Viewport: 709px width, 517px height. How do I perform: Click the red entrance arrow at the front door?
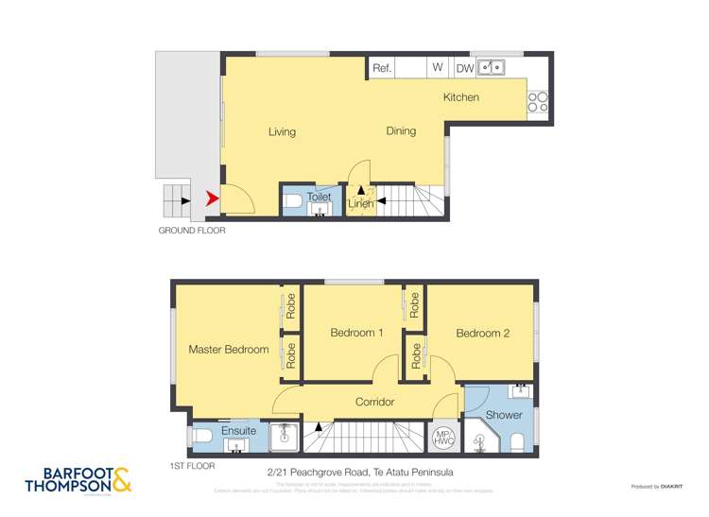pyautogui.click(x=212, y=198)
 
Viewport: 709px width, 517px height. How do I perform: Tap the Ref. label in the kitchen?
pyautogui.click(x=382, y=68)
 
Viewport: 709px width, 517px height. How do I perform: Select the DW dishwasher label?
pyautogui.click(x=465, y=68)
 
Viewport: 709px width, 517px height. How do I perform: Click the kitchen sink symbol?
pyautogui.click(x=492, y=67)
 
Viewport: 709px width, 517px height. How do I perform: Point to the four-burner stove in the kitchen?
pyautogui.click(x=538, y=101)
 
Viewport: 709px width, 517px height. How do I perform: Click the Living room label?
pyautogui.click(x=282, y=131)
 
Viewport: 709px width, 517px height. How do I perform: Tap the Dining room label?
pyautogui.click(x=401, y=130)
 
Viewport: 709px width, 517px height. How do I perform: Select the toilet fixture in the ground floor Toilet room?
pyautogui.click(x=292, y=201)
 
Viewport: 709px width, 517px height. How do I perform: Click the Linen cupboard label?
pyautogui.click(x=359, y=203)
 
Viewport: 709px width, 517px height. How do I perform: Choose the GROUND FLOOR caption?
pyautogui.click(x=191, y=230)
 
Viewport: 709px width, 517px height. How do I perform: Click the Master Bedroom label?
pyautogui.click(x=229, y=349)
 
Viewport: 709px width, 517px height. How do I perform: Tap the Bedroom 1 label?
pyautogui.click(x=356, y=333)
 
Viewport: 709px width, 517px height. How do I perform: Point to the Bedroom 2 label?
pyautogui.click(x=482, y=333)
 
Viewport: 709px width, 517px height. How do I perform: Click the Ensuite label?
pyautogui.click(x=238, y=431)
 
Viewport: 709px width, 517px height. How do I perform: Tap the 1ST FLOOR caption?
pyautogui.click(x=193, y=466)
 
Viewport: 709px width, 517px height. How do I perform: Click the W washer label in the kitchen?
pyautogui.click(x=438, y=68)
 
